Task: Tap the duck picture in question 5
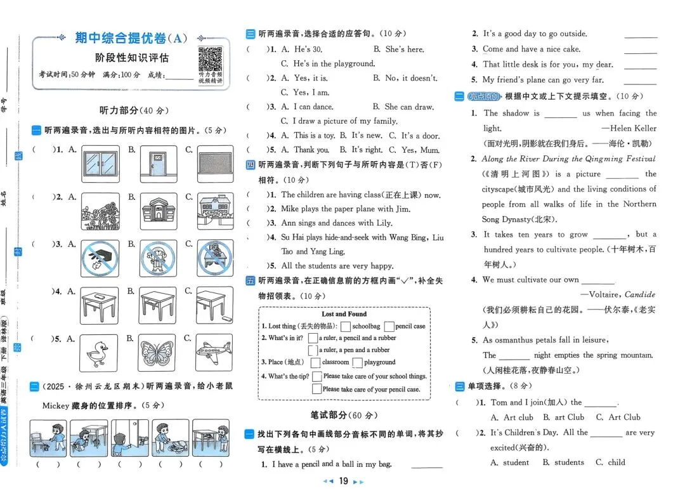99,353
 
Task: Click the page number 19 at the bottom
343,481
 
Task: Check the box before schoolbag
346,327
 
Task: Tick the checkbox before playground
358,363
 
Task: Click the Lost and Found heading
344,314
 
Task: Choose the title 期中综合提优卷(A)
131,38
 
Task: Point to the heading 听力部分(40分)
134,110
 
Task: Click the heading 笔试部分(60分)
344,416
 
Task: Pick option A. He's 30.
301,49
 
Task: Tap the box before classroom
315,363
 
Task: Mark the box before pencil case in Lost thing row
389,327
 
